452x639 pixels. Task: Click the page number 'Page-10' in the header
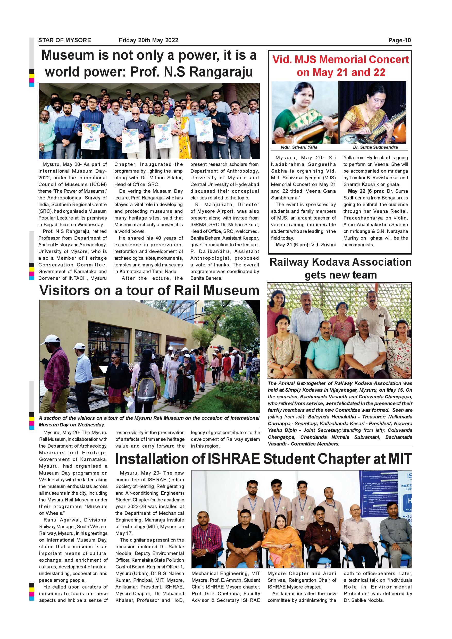[399, 40]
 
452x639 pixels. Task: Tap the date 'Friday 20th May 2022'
[148, 40]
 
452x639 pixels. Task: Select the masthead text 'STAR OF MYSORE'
[65, 40]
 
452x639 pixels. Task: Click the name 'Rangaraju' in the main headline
[221, 72]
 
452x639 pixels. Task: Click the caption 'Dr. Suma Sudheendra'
[375, 147]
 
